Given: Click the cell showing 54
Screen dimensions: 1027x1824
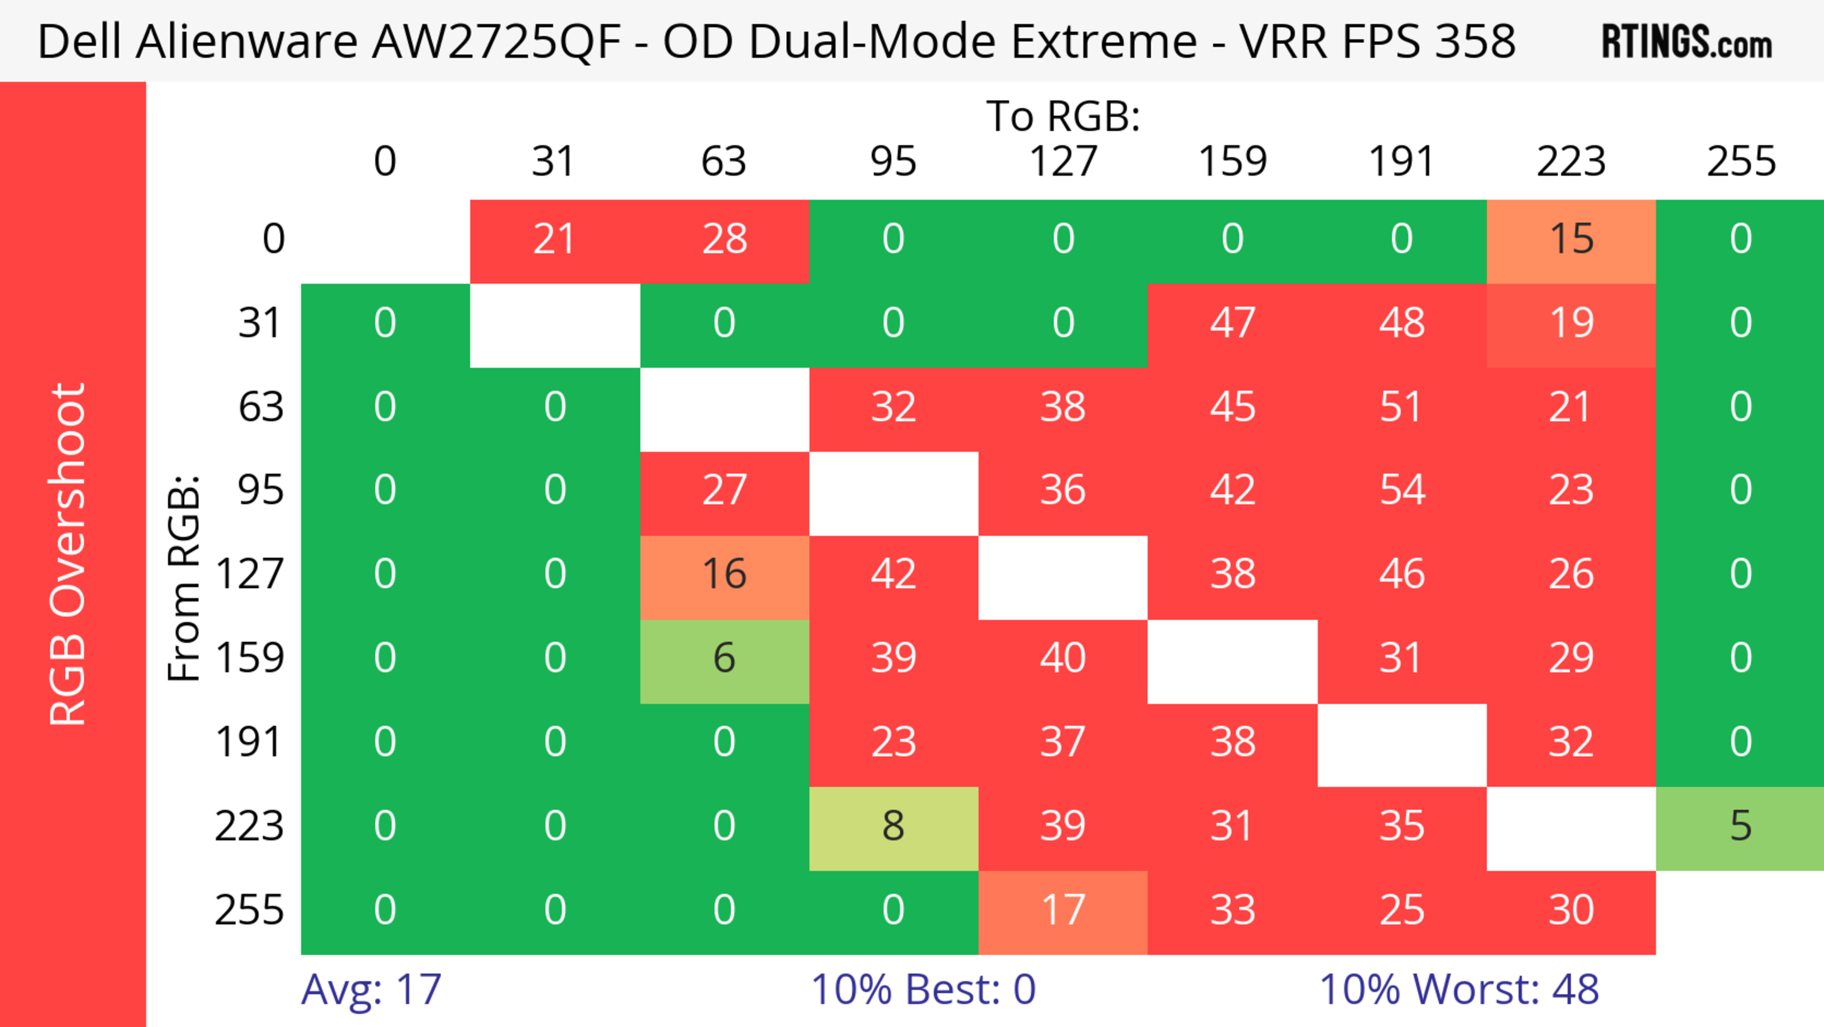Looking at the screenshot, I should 1402,490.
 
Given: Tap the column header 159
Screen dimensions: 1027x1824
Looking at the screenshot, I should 1232,162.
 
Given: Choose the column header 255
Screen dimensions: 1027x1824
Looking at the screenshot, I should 1740,162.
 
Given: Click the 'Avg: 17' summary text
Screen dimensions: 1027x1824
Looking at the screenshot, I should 371,989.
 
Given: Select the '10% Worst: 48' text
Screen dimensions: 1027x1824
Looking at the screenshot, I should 1459,989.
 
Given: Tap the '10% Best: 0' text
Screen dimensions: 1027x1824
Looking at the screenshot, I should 922,989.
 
